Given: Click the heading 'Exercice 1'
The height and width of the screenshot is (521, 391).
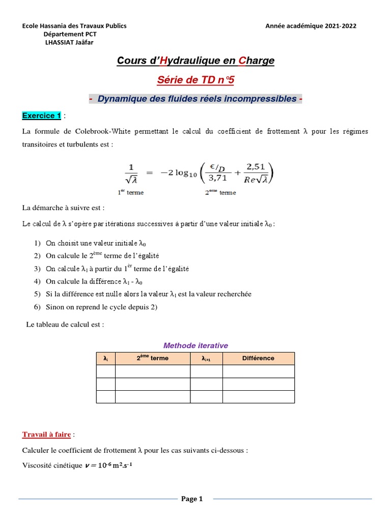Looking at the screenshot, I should pos(41,116).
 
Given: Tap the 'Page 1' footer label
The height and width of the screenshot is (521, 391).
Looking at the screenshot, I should pos(192,499).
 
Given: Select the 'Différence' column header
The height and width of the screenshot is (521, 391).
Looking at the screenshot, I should pos(258,358).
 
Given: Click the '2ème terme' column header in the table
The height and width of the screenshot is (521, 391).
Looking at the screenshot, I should pos(152,358).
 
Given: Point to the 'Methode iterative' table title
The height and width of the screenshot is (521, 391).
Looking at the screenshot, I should pos(195,345).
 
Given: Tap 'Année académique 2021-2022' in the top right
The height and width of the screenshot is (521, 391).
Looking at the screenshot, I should pos(311,26).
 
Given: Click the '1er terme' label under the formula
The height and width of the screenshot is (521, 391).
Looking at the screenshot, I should pos(130,193).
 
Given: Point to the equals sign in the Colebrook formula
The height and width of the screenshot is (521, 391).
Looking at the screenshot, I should pos(150,173).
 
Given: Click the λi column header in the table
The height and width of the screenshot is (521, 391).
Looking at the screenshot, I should pos(105,359).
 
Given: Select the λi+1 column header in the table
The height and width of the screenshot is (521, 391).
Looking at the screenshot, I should pos(206,359).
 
